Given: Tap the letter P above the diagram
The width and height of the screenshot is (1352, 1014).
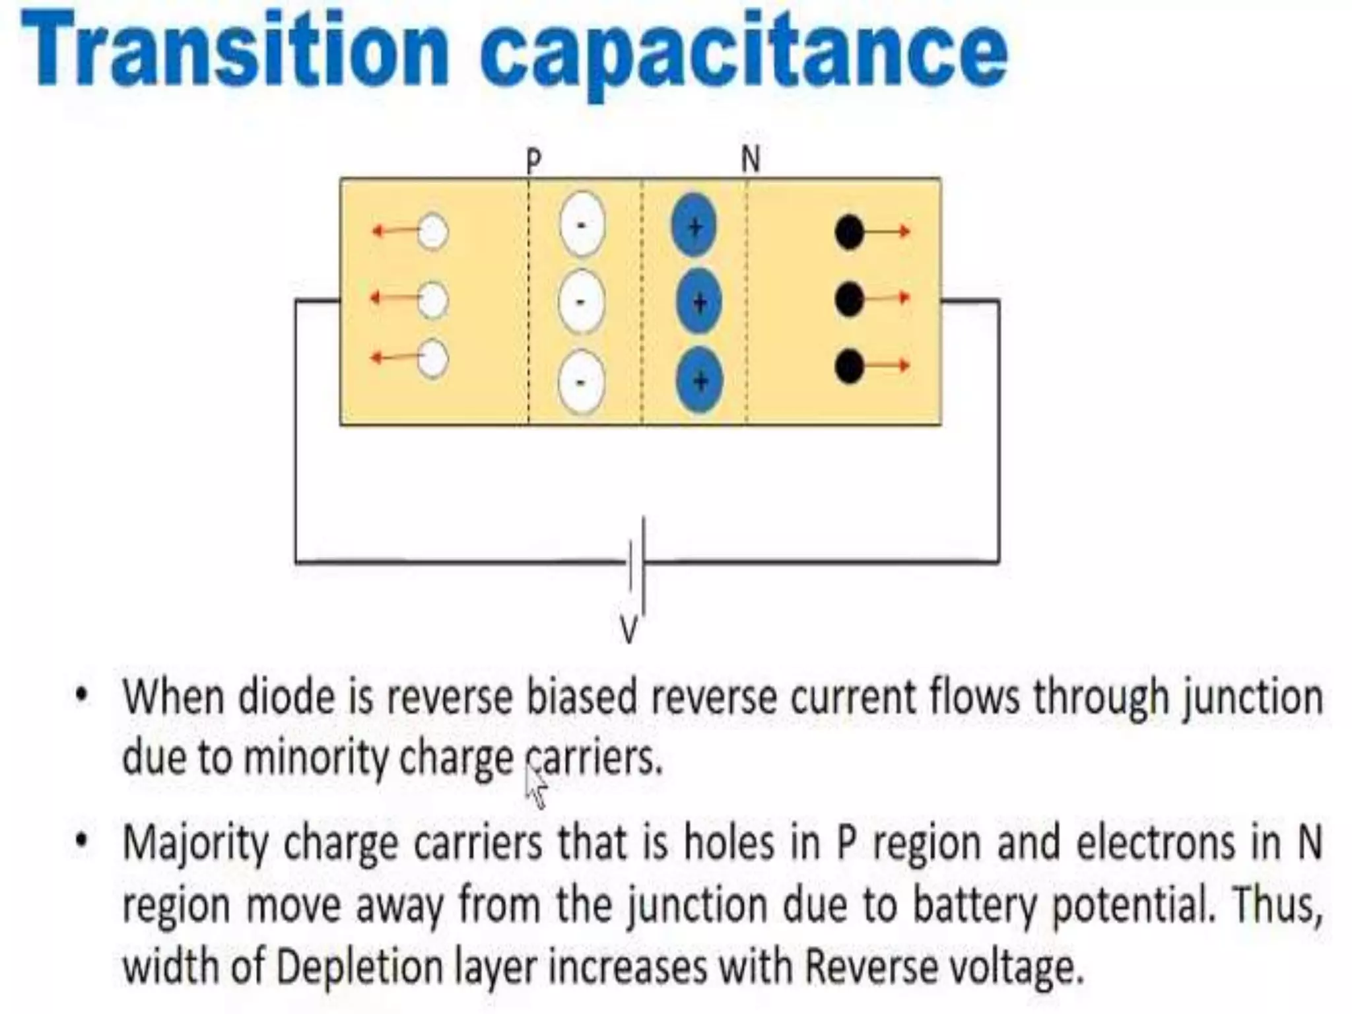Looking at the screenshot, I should [x=533, y=161].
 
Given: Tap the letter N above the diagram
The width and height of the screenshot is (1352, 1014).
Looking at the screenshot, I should [x=751, y=160].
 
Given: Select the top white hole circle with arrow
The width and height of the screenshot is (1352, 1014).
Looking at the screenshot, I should [x=433, y=232].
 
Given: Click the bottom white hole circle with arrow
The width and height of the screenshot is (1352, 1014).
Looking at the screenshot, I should [x=433, y=358].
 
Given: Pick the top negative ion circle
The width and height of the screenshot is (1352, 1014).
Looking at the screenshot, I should [x=582, y=224].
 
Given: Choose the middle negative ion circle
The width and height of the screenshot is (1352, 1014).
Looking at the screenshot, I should [x=581, y=302].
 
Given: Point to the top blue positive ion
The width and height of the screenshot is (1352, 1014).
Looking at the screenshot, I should [x=694, y=226].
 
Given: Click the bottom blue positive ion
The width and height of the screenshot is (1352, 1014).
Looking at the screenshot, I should [x=700, y=380].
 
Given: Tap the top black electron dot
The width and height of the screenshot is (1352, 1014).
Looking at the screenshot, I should [x=849, y=232].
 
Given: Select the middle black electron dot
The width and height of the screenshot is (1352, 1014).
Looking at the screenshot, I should [x=849, y=300].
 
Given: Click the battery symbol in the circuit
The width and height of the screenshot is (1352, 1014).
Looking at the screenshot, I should [x=637, y=564].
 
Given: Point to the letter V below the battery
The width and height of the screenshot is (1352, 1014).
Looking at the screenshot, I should [x=628, y=630].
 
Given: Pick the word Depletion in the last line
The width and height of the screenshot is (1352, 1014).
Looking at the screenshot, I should [x=360, y=967].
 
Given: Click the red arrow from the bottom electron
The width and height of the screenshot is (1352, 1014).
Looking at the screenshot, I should [x=888, y=365].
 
